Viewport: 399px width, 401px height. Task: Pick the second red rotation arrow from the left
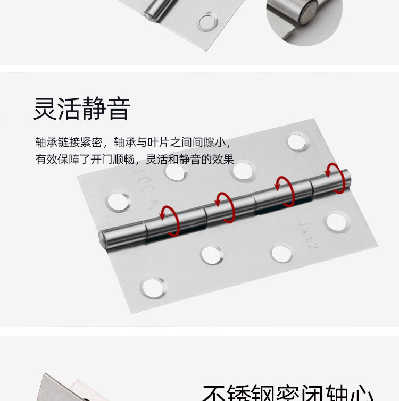point(226,207)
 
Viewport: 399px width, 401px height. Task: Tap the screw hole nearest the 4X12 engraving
point(336,221)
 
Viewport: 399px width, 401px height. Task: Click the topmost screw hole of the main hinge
point(297,142)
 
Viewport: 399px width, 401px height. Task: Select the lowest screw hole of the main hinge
point(153,287)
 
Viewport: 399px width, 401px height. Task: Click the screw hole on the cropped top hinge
point(206,22)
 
